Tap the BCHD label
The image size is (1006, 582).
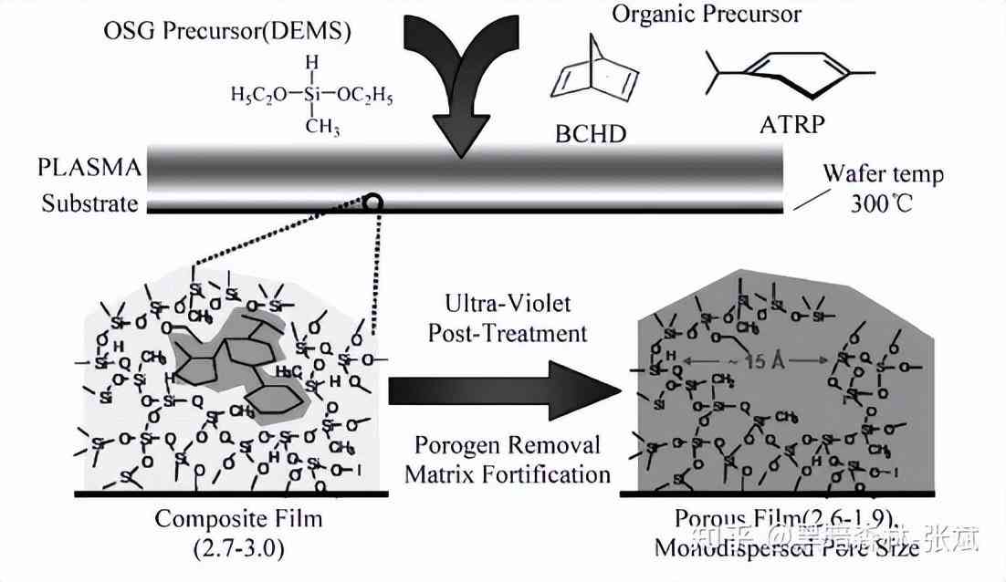(x=591, y=133)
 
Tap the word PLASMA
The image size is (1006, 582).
(x=89, y=169)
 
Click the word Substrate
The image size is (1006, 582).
(x=89, y=203)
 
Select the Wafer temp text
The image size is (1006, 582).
(x=882, y=173)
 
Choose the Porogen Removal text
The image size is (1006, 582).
(x=508, y=445)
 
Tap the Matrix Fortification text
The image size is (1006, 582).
(x=508, y=473)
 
